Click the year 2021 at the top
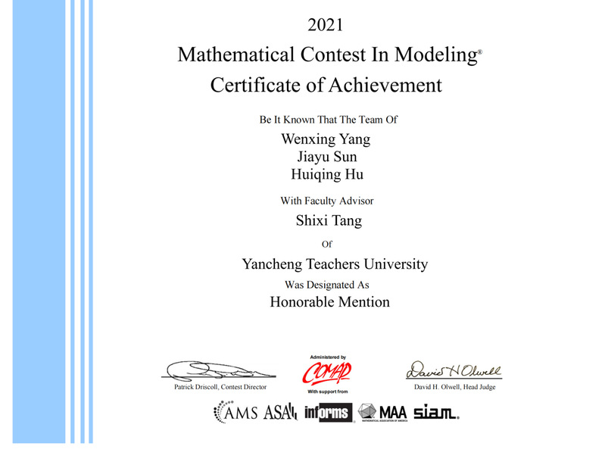[x=326, y=25]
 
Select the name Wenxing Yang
[x=326, y=139]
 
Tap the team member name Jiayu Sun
[x=327, y=157]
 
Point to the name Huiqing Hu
[x=327, y=175]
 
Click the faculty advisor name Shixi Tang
[x=328, y=221]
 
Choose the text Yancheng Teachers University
[x=335, y=264]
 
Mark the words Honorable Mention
[x=329, y=302]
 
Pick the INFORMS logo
[x=328, y=413]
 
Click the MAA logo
[x=383, y=413]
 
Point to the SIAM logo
[x=436, y=413]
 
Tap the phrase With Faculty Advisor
[x=327, y=201]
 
